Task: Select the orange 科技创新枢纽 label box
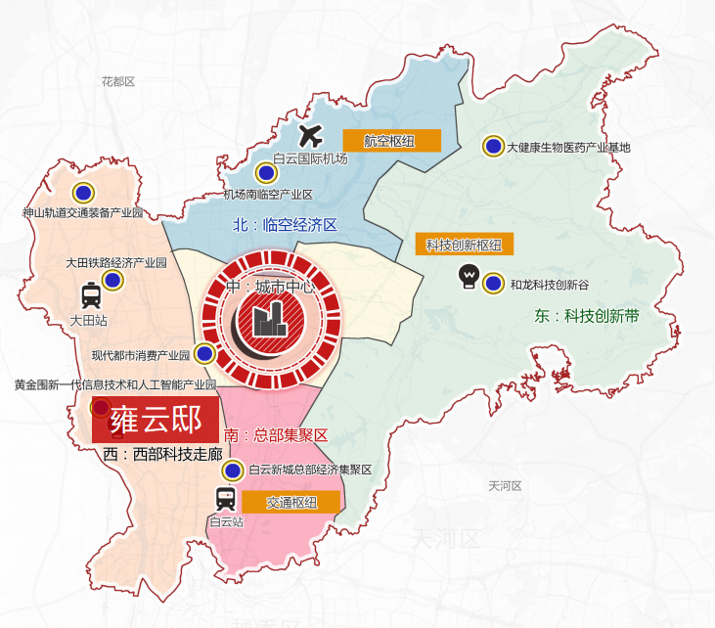[465, 245]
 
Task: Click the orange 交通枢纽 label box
[290, 503]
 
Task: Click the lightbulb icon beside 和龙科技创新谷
[469, 277]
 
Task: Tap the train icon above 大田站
[92, 294]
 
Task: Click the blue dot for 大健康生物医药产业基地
[494, 147]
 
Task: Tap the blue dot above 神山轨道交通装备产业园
[83, 193]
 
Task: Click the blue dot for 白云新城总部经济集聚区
[233, 471]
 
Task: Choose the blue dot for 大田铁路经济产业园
[112, 281]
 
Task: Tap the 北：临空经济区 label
[285, 225]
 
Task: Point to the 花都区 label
[117, 82]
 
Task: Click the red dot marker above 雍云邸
[100, 408]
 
